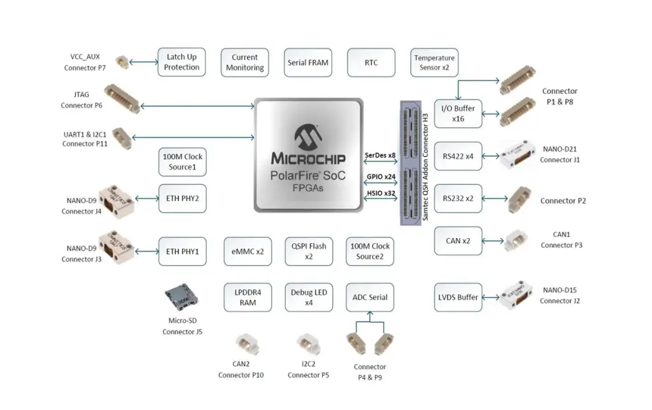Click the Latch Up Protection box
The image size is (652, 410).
click(181, 62)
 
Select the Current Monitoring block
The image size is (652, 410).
click(244, 62)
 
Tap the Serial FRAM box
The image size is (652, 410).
click(308, 62)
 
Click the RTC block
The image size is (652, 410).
click(371, 62)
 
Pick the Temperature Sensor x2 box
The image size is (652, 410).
click(434, 62)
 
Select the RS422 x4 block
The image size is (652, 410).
click(458, 156)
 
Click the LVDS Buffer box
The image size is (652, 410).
click(458, 297)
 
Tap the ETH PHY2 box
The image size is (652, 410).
click(182, 198)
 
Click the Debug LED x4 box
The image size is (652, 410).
click(308, 297)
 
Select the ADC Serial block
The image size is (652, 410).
click(370, 297)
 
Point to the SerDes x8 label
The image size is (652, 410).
click(380, 155)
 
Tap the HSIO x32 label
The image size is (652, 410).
click(380, 193)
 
